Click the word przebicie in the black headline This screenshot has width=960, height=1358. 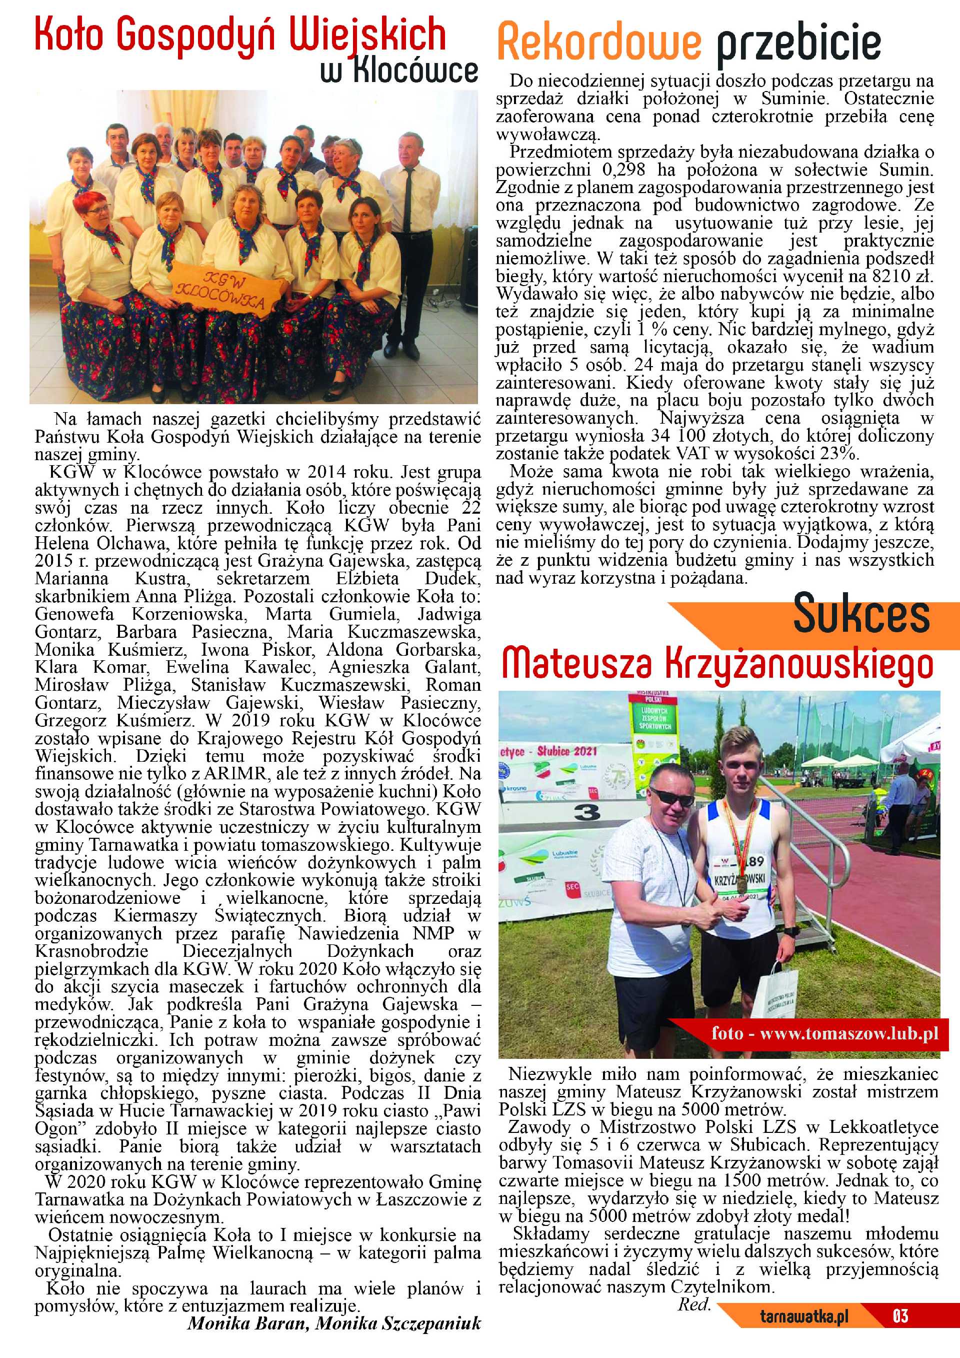[x=798, y=43]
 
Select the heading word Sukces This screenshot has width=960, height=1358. [x=860, y=616]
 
